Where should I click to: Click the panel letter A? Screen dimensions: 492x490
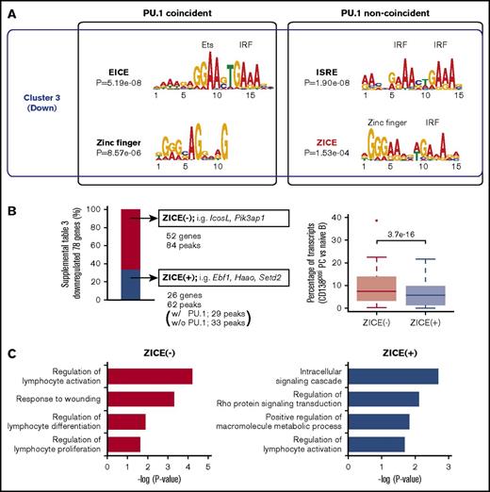pos(11,11)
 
